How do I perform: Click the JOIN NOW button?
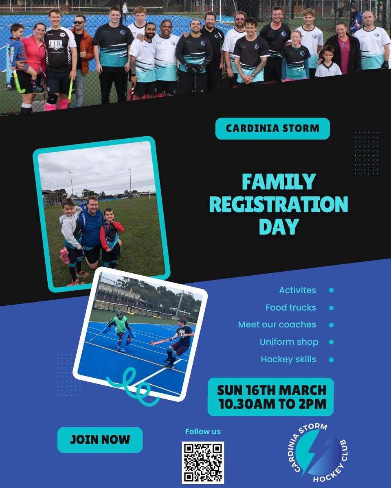pos(100,440)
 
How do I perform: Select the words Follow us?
pos(203,431)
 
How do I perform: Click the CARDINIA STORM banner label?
pos(272,129)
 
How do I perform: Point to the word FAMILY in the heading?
pos(279,182)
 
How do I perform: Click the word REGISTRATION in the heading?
pos(278,204)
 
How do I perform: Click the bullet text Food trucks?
pos(291,308)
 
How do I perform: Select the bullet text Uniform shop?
pos(289,342)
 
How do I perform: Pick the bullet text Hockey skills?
pos(288,359)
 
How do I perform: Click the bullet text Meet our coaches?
pos(277,325)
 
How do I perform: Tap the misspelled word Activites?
pos(297,290)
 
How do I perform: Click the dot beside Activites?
pos(331,290)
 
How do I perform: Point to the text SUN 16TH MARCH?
pos(272,390)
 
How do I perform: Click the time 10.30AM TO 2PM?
pos(272,404)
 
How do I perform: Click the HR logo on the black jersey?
pos(56,44)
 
